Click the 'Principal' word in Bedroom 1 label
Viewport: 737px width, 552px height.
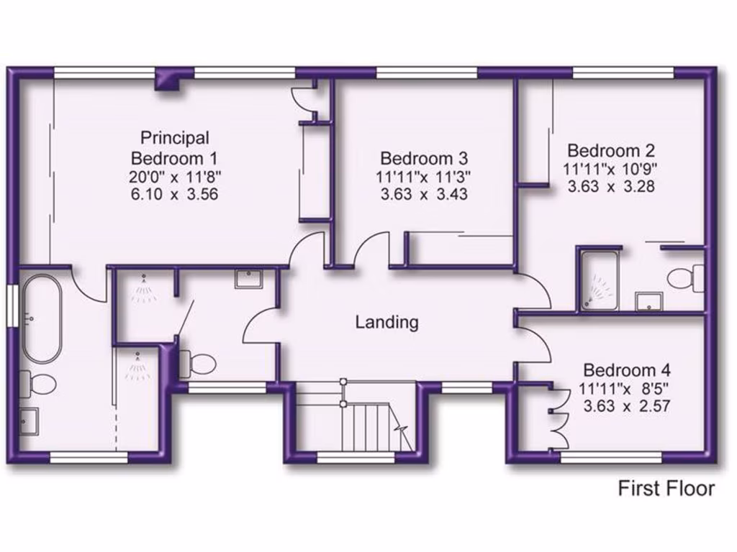(x=175, y=137)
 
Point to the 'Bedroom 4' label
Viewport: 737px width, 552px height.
(x=627, y=371)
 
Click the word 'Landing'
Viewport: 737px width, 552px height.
(x=386, y=322)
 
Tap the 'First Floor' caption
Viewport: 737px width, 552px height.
(x=666, y=489)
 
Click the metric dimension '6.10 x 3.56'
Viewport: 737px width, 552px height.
(x=175, y=194)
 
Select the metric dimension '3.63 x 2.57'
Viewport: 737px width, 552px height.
(x=627, y=405)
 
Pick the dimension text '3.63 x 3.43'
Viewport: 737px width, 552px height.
(x=424, y=194)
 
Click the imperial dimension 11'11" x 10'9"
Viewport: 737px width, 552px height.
(x=611, y=170)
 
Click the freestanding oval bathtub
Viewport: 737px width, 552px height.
(x=41, y=318)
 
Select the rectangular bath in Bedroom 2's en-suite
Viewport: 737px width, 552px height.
(x=600, y=280)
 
